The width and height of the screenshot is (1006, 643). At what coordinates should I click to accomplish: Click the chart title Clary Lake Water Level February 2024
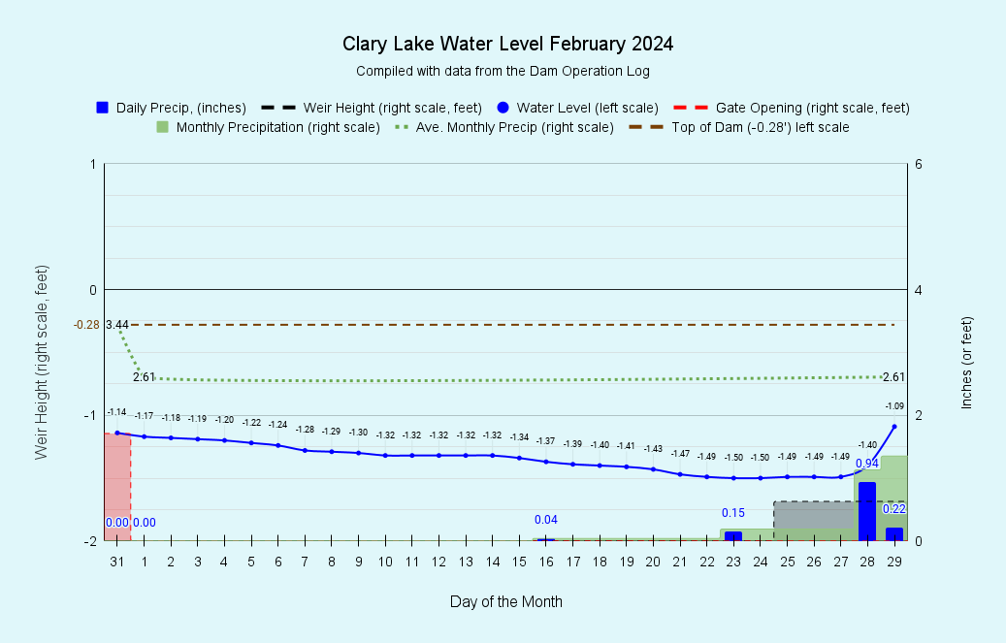point(507,45)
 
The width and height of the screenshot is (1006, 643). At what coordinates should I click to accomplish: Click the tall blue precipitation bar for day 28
point(867,511)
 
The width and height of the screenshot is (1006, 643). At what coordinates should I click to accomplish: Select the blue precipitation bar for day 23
point(733,535)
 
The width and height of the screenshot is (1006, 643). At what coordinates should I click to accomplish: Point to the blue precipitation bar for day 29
point(894,533)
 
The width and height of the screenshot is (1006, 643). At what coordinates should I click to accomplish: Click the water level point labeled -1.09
point(894,427)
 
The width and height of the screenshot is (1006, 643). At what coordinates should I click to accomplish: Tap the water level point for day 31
point(117,434)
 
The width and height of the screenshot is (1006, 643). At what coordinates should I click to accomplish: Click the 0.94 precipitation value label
point(867,464)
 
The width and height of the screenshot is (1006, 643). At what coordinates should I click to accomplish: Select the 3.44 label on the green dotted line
point(117,324)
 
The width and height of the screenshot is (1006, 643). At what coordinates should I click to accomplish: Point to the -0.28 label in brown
point(86,324)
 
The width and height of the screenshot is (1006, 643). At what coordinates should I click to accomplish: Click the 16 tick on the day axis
point(546,562)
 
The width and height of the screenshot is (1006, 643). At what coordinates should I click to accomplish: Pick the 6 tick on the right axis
point(917,165)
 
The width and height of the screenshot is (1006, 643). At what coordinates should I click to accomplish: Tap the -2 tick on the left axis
point(90,541)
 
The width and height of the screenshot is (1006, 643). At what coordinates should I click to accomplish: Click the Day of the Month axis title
point(505,601)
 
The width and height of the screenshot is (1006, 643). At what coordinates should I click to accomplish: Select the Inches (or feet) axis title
point(966,361)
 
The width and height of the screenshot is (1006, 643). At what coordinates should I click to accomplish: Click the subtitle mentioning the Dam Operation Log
point(503,71)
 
